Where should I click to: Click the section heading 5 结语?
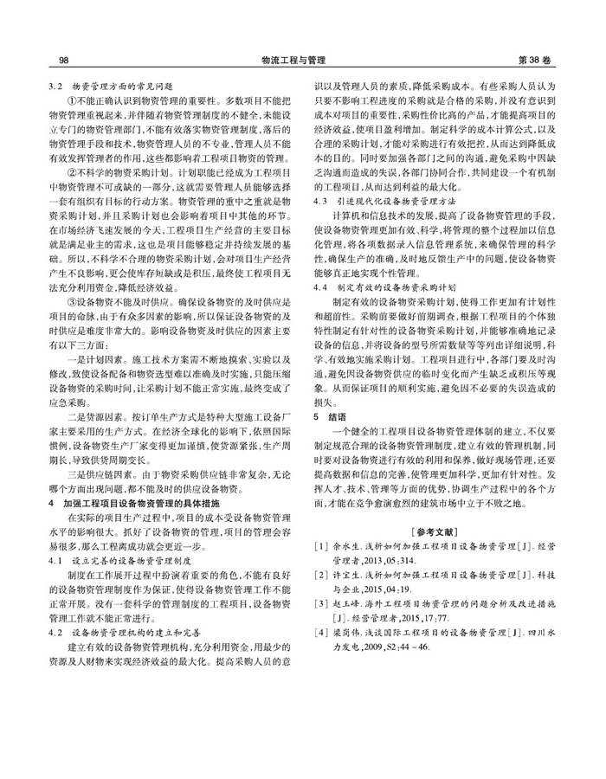tap(328, 415)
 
